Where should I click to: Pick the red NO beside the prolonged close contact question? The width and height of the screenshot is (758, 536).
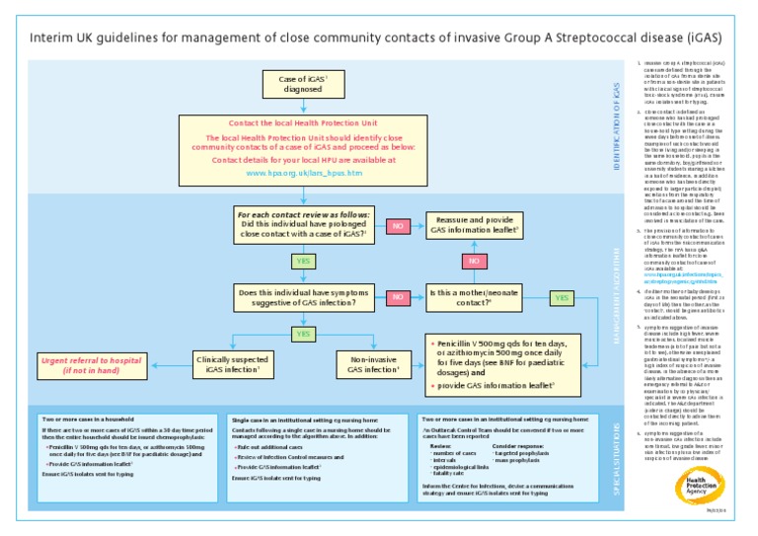pyautogui.click(x=399, y=226)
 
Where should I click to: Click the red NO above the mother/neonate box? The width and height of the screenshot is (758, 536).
pyautogui.click(x=474, y=261)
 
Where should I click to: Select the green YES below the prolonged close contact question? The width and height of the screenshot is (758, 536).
pyautogui.click(x=304, y=262)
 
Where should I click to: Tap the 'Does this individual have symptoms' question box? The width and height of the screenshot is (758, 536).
pyautogui.click(x=304, y=297)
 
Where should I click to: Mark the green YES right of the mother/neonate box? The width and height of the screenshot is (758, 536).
pyautogui.click(x=561, y=297)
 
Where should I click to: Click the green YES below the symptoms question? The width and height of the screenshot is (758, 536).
pyautogui.click(x=304, y=334)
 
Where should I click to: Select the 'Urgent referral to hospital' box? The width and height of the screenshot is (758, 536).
pyautogui.click(x=90, y=364)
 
